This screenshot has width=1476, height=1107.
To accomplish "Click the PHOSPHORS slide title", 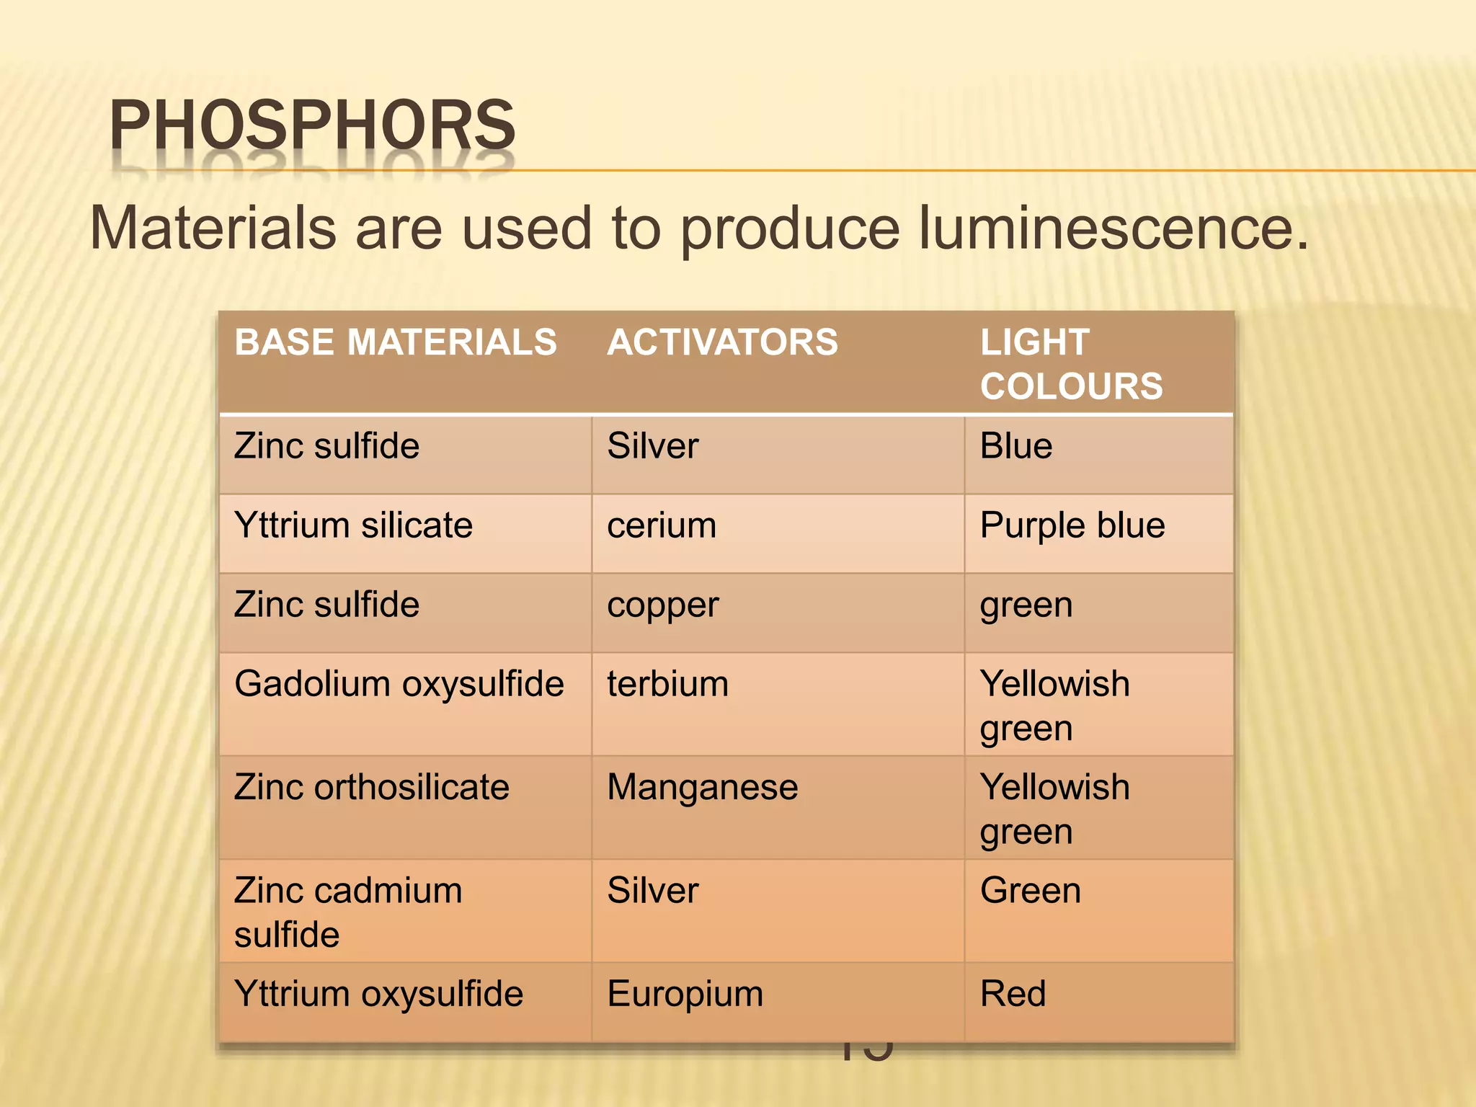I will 312,125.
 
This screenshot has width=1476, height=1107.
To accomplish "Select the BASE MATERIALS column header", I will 396,342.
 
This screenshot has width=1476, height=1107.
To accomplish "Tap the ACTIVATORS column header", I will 722,342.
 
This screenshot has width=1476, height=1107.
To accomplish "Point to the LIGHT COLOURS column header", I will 1070,364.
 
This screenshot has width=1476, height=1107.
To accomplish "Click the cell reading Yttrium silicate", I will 353,525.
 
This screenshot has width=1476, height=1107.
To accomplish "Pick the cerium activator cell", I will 662,525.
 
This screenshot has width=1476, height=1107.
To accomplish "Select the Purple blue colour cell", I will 1072,525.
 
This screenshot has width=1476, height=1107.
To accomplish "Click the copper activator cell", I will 662,605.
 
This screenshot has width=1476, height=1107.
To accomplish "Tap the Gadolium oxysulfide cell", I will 399,684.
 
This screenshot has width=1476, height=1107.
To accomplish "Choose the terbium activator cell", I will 667,684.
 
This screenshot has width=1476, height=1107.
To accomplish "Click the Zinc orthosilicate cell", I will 371,787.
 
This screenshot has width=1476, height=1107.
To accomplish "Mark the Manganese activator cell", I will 702,787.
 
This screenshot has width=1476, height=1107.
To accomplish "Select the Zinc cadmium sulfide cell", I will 347,912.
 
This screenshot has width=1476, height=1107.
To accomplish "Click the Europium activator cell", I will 685,995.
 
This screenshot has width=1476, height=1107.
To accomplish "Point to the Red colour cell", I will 1012,995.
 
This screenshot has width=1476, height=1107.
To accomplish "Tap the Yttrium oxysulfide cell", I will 378,995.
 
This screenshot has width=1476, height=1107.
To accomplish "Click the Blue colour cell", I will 1015,446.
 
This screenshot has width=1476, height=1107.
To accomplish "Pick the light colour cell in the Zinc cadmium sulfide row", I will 1030,891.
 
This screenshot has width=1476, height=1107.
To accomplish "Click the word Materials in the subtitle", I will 213,228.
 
